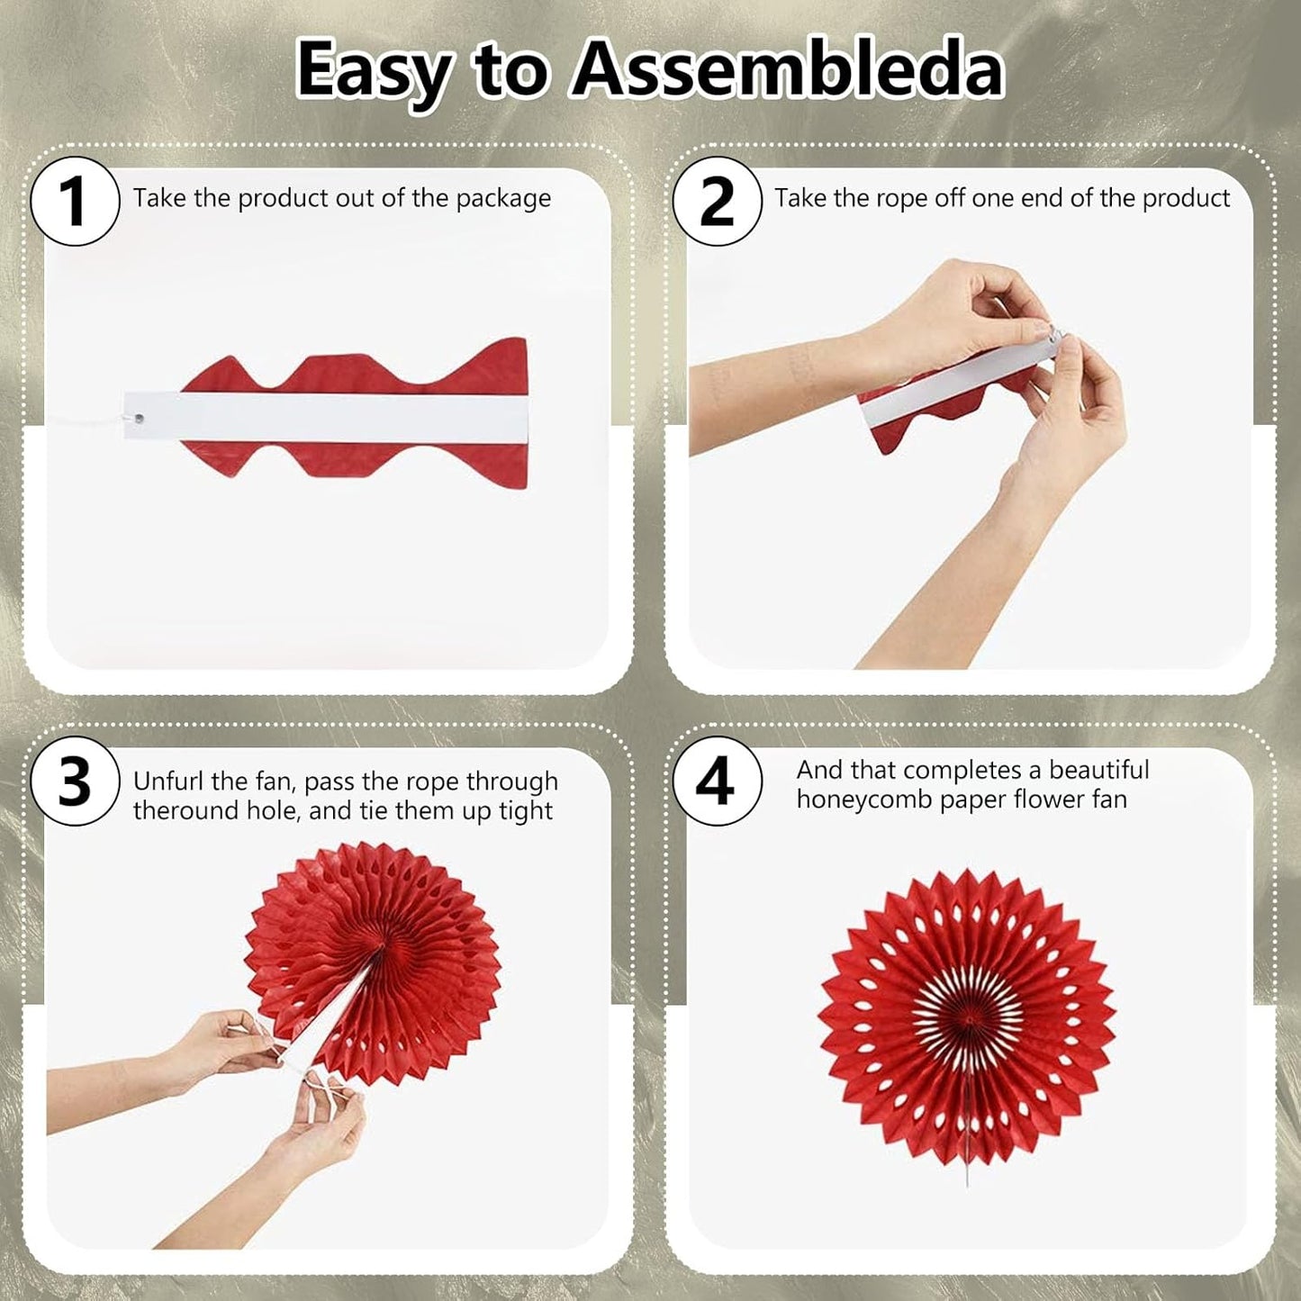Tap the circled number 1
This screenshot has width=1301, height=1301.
(75, 201)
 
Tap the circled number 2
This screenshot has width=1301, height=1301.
(717, 201)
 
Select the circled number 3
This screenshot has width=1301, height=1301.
(75, 782)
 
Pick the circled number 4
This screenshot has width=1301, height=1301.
(717, 782)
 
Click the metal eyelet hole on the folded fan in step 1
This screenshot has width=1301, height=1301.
(139, 419)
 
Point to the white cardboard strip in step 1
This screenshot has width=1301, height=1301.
(325, 417)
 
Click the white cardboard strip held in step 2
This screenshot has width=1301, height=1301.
(959, 382)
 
